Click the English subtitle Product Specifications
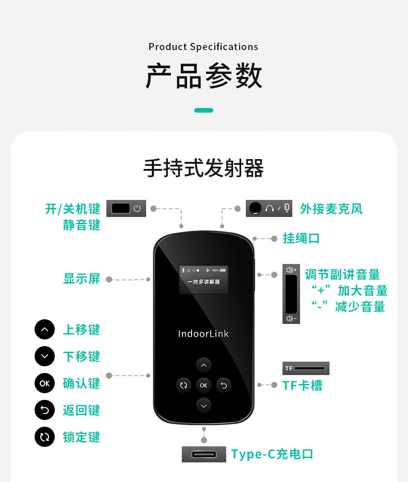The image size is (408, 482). (203, 46)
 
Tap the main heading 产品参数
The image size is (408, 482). (203, 75)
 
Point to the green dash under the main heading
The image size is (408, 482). (203, 111)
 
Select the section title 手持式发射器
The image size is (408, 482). (203, 168)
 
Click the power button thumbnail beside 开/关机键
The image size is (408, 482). (126, 208)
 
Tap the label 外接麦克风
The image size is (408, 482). (332, 209)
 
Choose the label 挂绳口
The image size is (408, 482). (302, 239)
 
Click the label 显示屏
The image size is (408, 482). (82, 279)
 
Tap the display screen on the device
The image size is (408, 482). (203, 279)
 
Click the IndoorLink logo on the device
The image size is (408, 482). (203, 334)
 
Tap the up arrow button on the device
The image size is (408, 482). (203, 365)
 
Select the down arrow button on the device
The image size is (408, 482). (203, 406)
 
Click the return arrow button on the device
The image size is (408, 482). (224, 385)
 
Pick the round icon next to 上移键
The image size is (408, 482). (44, 330)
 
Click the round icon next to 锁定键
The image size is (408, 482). (44, 437)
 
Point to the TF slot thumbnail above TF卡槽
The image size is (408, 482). (306, 368)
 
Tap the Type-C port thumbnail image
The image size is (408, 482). (204, 454)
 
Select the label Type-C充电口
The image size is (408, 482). (272, 454)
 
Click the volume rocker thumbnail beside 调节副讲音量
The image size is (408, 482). (291, 294)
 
